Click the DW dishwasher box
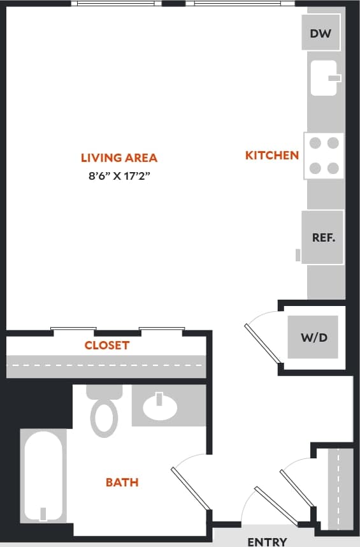coord(320,33)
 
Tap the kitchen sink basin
coord(322,78)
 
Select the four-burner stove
coord(324,156)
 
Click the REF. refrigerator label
coord(323,237)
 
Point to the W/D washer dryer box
coord(313,337)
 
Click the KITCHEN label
coord(272,155)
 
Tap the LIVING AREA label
coord(119,158)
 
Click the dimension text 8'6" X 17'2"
coord(119,177)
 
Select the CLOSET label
coord(107,346)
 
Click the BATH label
coord(122,482)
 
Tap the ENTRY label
coord(267,541)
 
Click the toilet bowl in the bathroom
coord(104,418)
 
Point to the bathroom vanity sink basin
coord(160,408)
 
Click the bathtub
coord(43,475)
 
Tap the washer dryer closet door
coord(263,343)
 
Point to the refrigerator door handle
coord(298,255)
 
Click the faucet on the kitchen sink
coord(334,78)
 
